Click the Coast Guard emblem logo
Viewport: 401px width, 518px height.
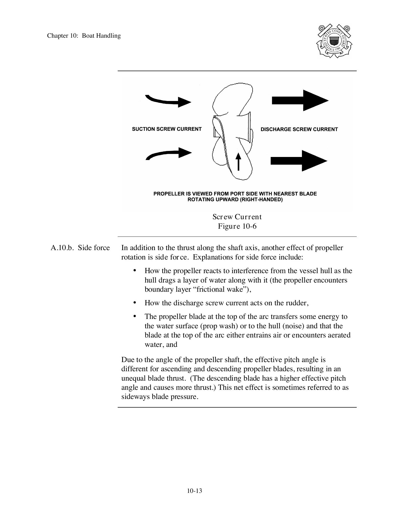click(334, 41)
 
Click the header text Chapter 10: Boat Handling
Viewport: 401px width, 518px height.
click(84, 36)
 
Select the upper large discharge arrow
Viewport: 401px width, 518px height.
click(300, 100)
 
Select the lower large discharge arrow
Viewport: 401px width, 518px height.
click(299, 161)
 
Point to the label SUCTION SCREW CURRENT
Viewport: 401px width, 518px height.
click(167, 129)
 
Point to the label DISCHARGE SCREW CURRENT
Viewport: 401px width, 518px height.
click(299, 129)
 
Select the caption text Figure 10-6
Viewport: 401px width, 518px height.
click(237, 226)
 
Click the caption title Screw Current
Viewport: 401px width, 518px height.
click(237, 217)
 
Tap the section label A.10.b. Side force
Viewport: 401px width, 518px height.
click(80, 247)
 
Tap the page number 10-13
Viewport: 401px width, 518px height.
click(194, 491)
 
